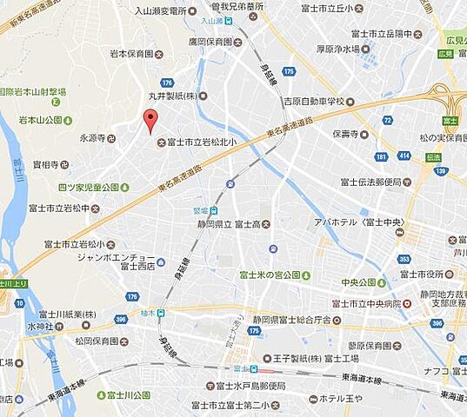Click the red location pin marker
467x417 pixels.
(x=150, y=121)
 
